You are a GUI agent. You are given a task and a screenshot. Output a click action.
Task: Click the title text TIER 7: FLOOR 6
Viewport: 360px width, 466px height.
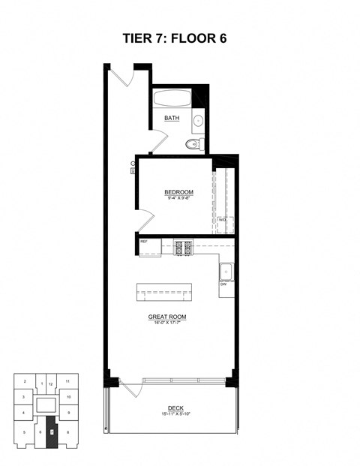[179, 38]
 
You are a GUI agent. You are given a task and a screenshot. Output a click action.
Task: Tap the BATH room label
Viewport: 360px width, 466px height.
[172, 118]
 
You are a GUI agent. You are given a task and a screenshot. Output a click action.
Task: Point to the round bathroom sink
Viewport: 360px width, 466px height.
[199, 120]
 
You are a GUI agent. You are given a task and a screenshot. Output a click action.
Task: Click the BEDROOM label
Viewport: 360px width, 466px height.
[179, 192]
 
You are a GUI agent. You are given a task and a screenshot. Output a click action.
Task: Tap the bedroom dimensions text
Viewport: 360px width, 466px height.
[179, 198]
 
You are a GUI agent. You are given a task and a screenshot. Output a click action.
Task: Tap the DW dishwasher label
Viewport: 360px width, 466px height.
[223, 285]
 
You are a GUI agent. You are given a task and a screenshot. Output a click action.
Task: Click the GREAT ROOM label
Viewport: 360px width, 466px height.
[166, 317]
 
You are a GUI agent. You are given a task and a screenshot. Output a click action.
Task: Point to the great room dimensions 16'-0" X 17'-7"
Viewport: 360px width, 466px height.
[166, 323]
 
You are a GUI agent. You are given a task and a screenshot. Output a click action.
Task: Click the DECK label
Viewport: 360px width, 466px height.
[175, 408]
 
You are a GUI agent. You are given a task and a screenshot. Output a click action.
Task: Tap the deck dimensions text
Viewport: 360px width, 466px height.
[175, 414]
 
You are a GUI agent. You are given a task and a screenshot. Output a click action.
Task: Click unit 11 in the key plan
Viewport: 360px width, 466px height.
[68, 382]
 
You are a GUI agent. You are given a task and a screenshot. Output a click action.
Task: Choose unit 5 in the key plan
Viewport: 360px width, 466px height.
[24, 432]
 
